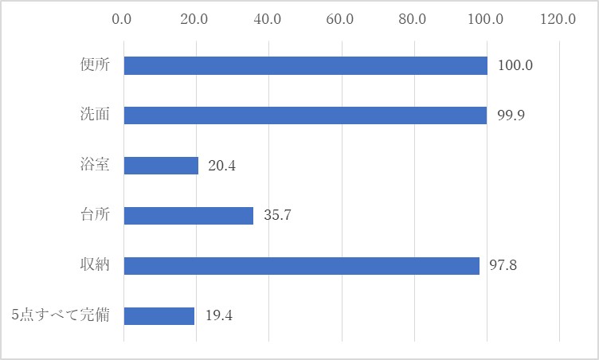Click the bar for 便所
306,66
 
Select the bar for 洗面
305,115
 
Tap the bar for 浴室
161,166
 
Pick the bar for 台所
189,216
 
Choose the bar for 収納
302,266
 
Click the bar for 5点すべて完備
159,316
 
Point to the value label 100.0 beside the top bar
515,65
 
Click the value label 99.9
511,115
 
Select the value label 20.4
222,166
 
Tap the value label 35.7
277,215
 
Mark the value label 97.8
503,265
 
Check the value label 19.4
219,315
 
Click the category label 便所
95,65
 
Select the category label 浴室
95,165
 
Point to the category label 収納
95,264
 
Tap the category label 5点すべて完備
61,315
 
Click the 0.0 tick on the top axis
122,19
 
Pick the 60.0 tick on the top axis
339,19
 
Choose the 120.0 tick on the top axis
558,19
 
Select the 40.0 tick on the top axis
267,19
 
